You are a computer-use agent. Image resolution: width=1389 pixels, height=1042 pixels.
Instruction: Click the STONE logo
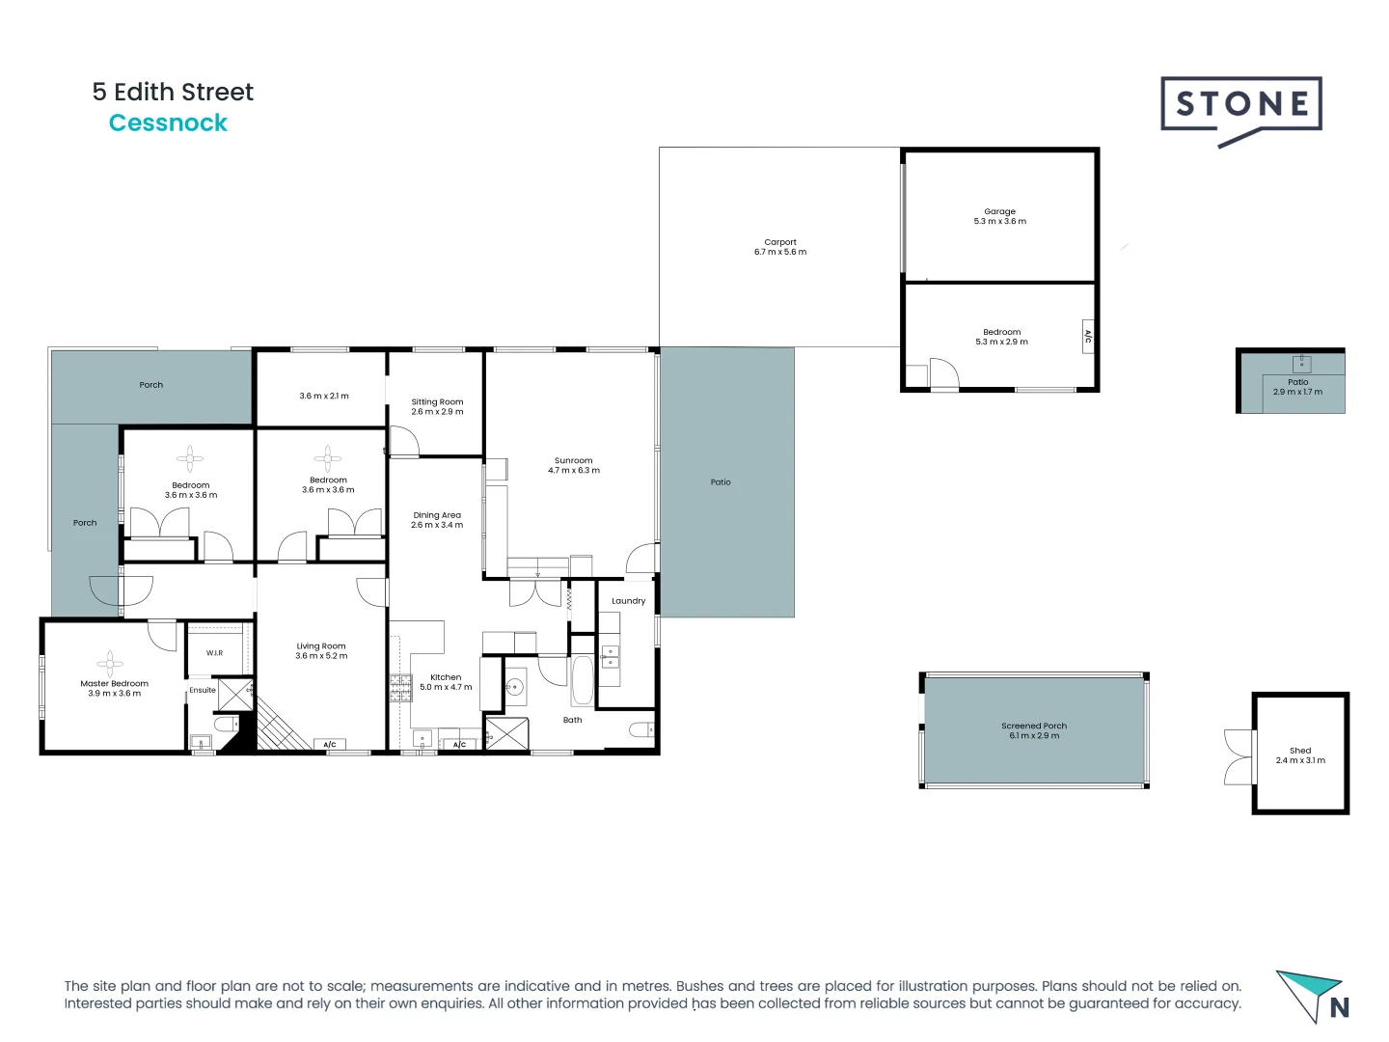click(x=1240, y=105)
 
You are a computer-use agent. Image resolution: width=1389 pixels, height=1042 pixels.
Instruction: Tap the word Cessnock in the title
click(x=168, y=123)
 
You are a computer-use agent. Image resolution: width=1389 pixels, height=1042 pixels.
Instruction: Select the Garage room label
click(x=999, y=211)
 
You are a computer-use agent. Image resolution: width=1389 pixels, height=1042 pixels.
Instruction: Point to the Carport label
click(x=780, y=242)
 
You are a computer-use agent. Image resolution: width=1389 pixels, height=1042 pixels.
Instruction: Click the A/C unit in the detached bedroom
click(x=1088, y=337)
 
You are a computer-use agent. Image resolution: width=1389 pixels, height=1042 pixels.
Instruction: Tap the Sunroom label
click(x=573, y=460)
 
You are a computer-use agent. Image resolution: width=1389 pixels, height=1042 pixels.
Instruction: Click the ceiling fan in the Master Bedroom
click(x=110, y=663)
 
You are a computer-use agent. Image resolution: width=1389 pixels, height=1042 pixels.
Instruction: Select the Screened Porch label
click(x=1034, y=726)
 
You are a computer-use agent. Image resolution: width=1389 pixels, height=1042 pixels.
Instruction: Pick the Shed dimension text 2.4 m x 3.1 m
click(x=1300, y=760)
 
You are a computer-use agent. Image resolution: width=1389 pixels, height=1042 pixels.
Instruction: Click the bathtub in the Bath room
click(x=583, y=681)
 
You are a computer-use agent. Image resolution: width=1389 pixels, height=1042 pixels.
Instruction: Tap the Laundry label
click(x=628, y=601)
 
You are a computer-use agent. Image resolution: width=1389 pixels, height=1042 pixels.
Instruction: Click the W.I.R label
click(x=214, y=653)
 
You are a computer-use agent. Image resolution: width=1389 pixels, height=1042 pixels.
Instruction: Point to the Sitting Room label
click(x=437, y=401)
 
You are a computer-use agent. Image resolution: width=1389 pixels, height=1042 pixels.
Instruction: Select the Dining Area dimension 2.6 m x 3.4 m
click(x=437, y=525)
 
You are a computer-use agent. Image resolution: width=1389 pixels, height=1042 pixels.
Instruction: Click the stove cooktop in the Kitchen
click(x=400, y=687)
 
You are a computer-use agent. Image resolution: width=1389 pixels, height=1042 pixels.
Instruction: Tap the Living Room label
click(x=321, y=645)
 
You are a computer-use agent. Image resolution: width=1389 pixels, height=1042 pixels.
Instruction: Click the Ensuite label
click(x=203, y=690)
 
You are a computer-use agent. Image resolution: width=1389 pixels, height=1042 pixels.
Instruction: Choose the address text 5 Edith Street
click(x=173, y=92)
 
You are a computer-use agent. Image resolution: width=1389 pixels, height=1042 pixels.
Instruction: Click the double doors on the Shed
click(x=1238, y=757)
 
